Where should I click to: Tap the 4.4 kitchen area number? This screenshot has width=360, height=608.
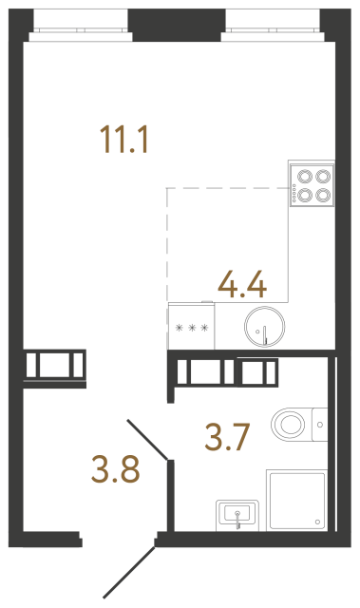(241, 283)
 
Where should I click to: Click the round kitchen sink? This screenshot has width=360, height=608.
(261, 329)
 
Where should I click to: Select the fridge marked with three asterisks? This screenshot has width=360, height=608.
(193, 329)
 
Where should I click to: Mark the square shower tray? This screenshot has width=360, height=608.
(297, 499)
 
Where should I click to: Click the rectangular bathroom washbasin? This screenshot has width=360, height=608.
(237, 514)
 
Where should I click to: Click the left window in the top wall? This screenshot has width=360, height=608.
(78, 23)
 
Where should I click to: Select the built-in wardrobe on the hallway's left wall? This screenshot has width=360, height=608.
(54, 365)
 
